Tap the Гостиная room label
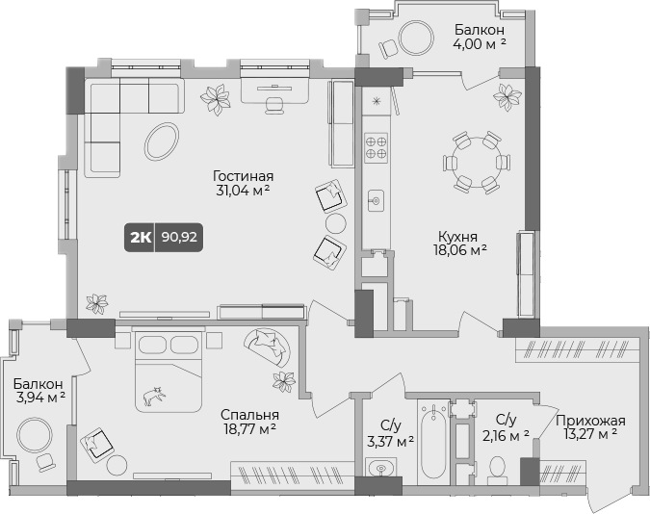click(x=244, y=176)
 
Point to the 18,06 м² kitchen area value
click(x=458, y=249)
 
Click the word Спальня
click(x=247, y=415)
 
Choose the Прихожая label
click(x=593, y=420)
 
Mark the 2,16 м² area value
click(x=506, y=435)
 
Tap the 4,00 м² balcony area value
click(x=481, y=43)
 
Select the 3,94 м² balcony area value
click(x=39, y=395)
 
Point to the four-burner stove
click(x=376, y=146)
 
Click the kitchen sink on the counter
click(x=376, y=201)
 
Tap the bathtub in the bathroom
click(x=434, y=444)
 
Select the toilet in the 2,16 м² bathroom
click(x=498, y=468)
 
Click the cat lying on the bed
click(x=152, y=395)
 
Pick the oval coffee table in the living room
click(x=162, y=141)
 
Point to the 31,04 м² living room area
click(x=243, y=191)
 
